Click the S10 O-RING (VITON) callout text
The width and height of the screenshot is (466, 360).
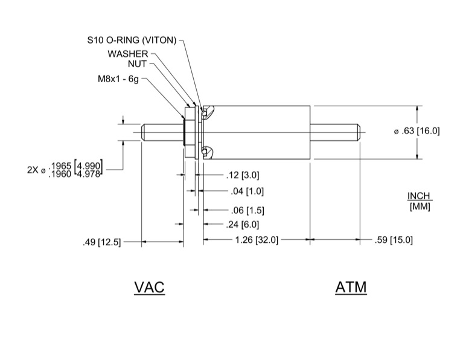(132, 41)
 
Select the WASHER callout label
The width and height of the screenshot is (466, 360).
(128, 54)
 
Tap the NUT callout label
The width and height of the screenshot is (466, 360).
(137, 63)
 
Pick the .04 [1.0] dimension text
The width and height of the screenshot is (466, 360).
(246, 191)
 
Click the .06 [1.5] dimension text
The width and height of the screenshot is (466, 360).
(246, 210)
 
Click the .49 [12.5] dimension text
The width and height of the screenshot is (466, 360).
(101, 242)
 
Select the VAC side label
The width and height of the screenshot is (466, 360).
(149, 287)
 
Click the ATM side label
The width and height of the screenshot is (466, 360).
(351, 287)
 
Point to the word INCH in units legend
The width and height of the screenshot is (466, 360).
(421, 196)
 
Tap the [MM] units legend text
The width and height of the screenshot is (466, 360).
(421, 207)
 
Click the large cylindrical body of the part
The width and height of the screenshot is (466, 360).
(260, 132)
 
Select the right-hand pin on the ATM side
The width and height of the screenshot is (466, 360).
(335, 132)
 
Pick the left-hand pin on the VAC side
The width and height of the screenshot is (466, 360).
(162, 132)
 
